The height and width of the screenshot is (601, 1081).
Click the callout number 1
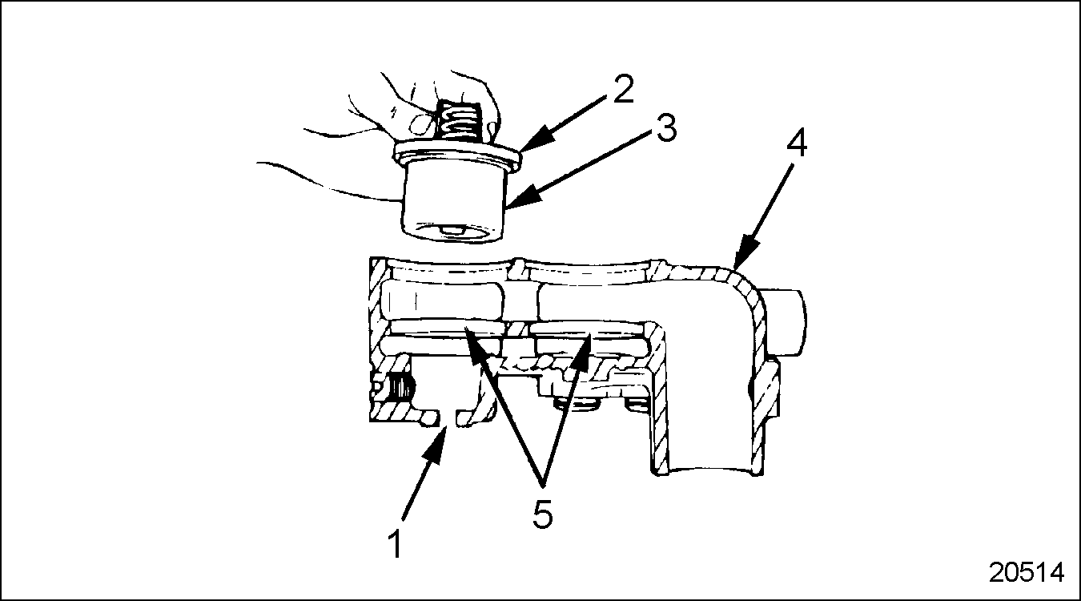(x=396, y=544)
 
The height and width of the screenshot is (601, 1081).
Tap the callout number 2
(x=623, y=88)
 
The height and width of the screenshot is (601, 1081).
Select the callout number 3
(x=666, y=127)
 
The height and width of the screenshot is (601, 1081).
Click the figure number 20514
(x=1026, y=573)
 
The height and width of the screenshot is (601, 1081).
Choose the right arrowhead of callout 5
(x=584, y=349)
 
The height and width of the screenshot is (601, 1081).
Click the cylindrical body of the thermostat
(x=453, y=203)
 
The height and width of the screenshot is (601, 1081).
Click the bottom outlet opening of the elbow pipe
(x=709, y=470)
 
